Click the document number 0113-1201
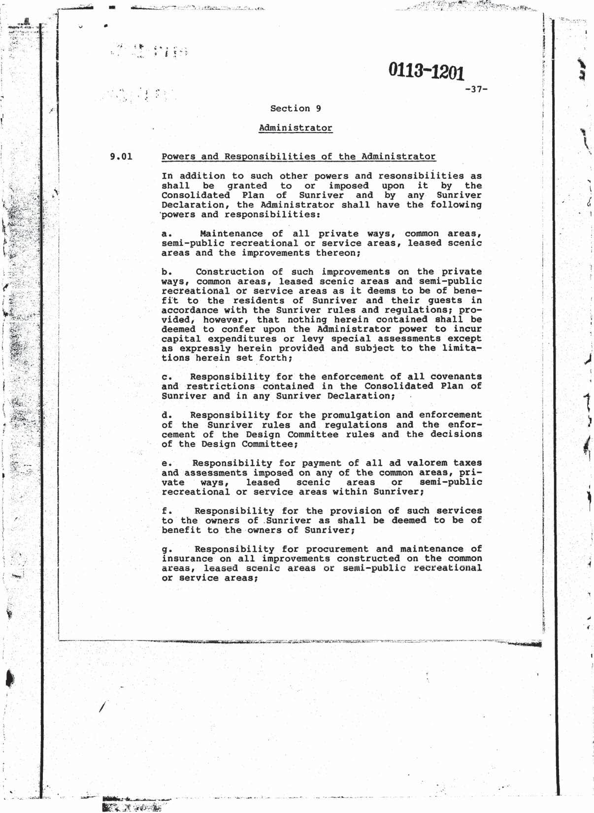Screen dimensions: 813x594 pos(426,71)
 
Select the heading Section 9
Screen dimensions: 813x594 pos(296,108)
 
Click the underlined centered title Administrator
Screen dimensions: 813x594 pos(296,128)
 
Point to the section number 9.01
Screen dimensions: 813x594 pos(121,157)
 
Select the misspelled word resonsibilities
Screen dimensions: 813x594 pos(429,176)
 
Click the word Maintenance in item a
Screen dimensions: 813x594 pos(231,234)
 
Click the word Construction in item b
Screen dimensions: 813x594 pos(230,271)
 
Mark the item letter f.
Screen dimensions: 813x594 pos(166,511)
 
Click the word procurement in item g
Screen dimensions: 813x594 pos(337,549)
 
